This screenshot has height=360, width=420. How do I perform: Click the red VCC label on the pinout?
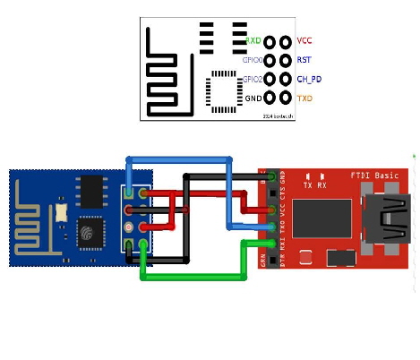[304, 41]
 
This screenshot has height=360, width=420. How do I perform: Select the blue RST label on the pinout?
[304, 60]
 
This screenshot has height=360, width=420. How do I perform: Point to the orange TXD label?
[304, 98]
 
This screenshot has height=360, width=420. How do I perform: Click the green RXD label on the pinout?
[253, 41]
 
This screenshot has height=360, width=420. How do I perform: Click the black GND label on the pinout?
[253, 98]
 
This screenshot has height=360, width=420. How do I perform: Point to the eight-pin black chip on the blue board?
[91, 192]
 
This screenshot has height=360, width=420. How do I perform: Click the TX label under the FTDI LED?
[309, 185]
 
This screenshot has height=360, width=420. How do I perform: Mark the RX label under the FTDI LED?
[322, 185]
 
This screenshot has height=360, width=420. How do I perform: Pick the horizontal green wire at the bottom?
[192, 278]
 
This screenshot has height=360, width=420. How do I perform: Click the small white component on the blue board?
[60, 212]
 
